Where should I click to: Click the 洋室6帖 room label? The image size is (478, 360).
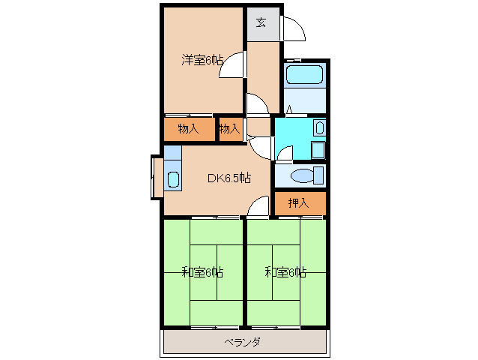click(x=202, y=61)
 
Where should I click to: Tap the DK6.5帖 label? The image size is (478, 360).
click(x=229, y=178)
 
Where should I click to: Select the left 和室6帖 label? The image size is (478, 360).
click(x=202, y=271)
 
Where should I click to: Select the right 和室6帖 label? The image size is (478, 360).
click(x=285, y=271)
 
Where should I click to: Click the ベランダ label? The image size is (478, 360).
click(x=242, y=342)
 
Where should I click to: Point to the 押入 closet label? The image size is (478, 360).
click(x=298, y=202)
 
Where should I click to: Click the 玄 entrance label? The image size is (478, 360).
click(x=261, y=22)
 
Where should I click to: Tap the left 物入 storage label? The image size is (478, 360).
click(x=189, y=129)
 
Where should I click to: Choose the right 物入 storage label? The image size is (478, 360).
click(x=229, y=129)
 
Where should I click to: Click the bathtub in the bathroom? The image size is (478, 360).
click(x=304, y=75)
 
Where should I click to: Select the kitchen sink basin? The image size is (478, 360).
click(x=173, y=180)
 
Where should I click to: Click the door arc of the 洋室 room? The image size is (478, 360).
click(x=234, y=64)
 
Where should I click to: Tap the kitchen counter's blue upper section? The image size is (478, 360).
click(x=172, y=152)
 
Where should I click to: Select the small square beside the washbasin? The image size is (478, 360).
click(x=318, y=149)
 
